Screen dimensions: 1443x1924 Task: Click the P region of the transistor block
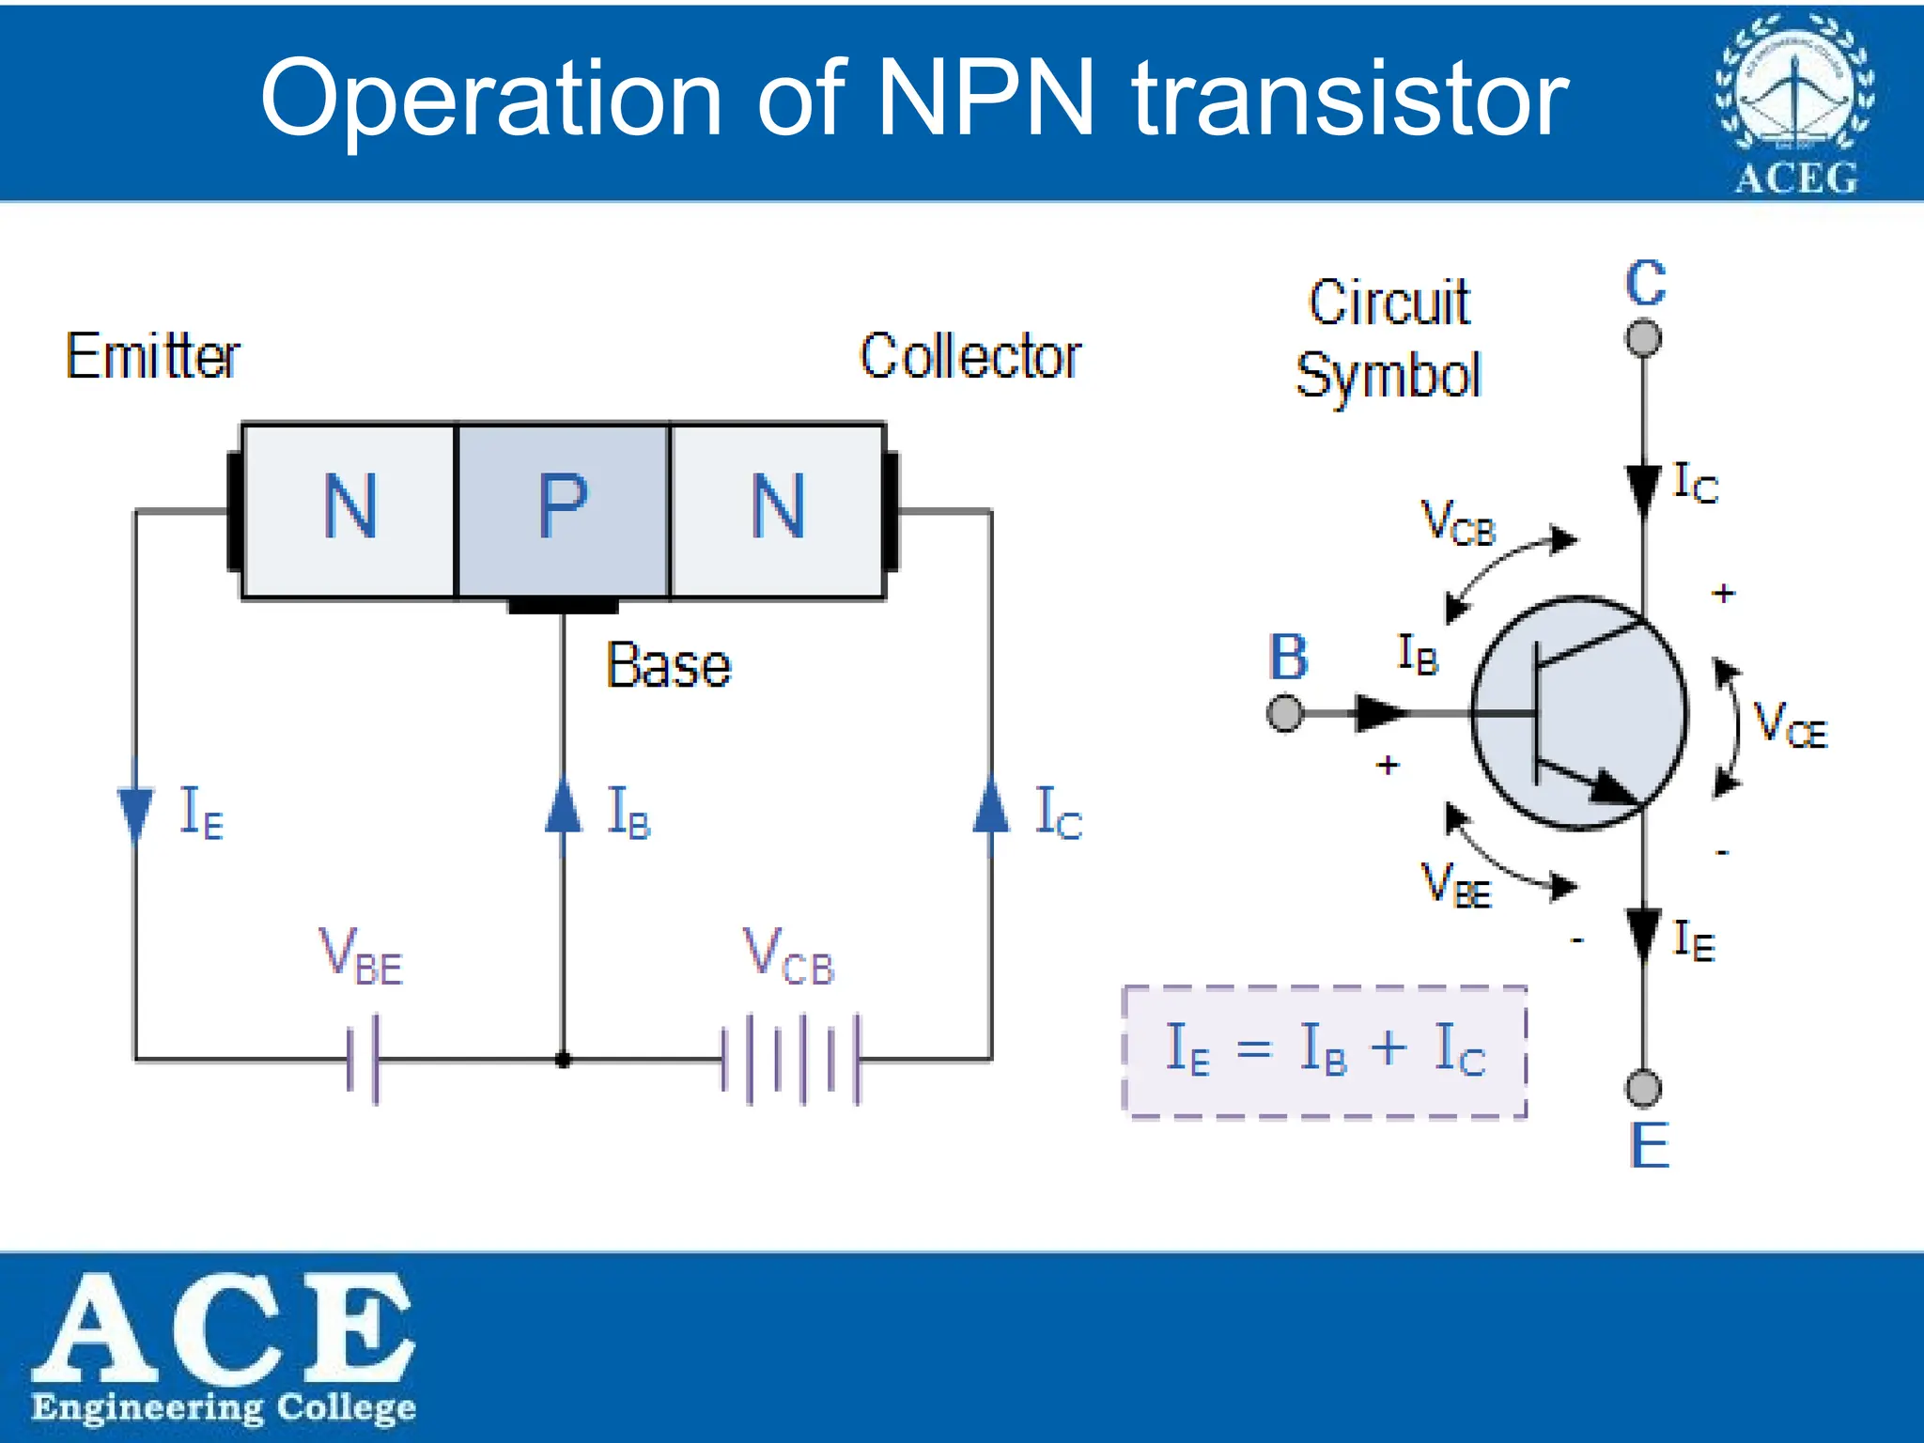(562, 509)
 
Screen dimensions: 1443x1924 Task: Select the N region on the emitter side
(349, 509)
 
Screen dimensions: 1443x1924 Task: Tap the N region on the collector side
(777, 509)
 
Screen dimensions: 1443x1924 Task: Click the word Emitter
(152, 356)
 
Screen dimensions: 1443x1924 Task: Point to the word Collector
(970, 356)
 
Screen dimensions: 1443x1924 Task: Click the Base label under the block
(668, 665)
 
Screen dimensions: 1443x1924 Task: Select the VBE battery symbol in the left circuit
(363, 1059)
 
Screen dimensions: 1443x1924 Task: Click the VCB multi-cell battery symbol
(791, 1059)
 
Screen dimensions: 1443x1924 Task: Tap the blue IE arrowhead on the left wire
(135, 813)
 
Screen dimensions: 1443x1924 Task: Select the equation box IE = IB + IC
(1325, 1051)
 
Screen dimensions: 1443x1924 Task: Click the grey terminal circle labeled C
(1643, 337)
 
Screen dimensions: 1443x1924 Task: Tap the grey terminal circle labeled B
(1284, 713)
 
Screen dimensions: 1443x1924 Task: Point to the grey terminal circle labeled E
(1643, 1089)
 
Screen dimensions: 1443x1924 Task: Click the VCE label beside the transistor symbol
(1791, 726)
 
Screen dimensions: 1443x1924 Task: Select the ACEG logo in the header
(1795, 103)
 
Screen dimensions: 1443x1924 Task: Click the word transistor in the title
(1350, 99)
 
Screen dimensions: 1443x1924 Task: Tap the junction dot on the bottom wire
(563, 1061)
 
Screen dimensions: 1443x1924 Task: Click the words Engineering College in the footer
(224, 1408)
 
